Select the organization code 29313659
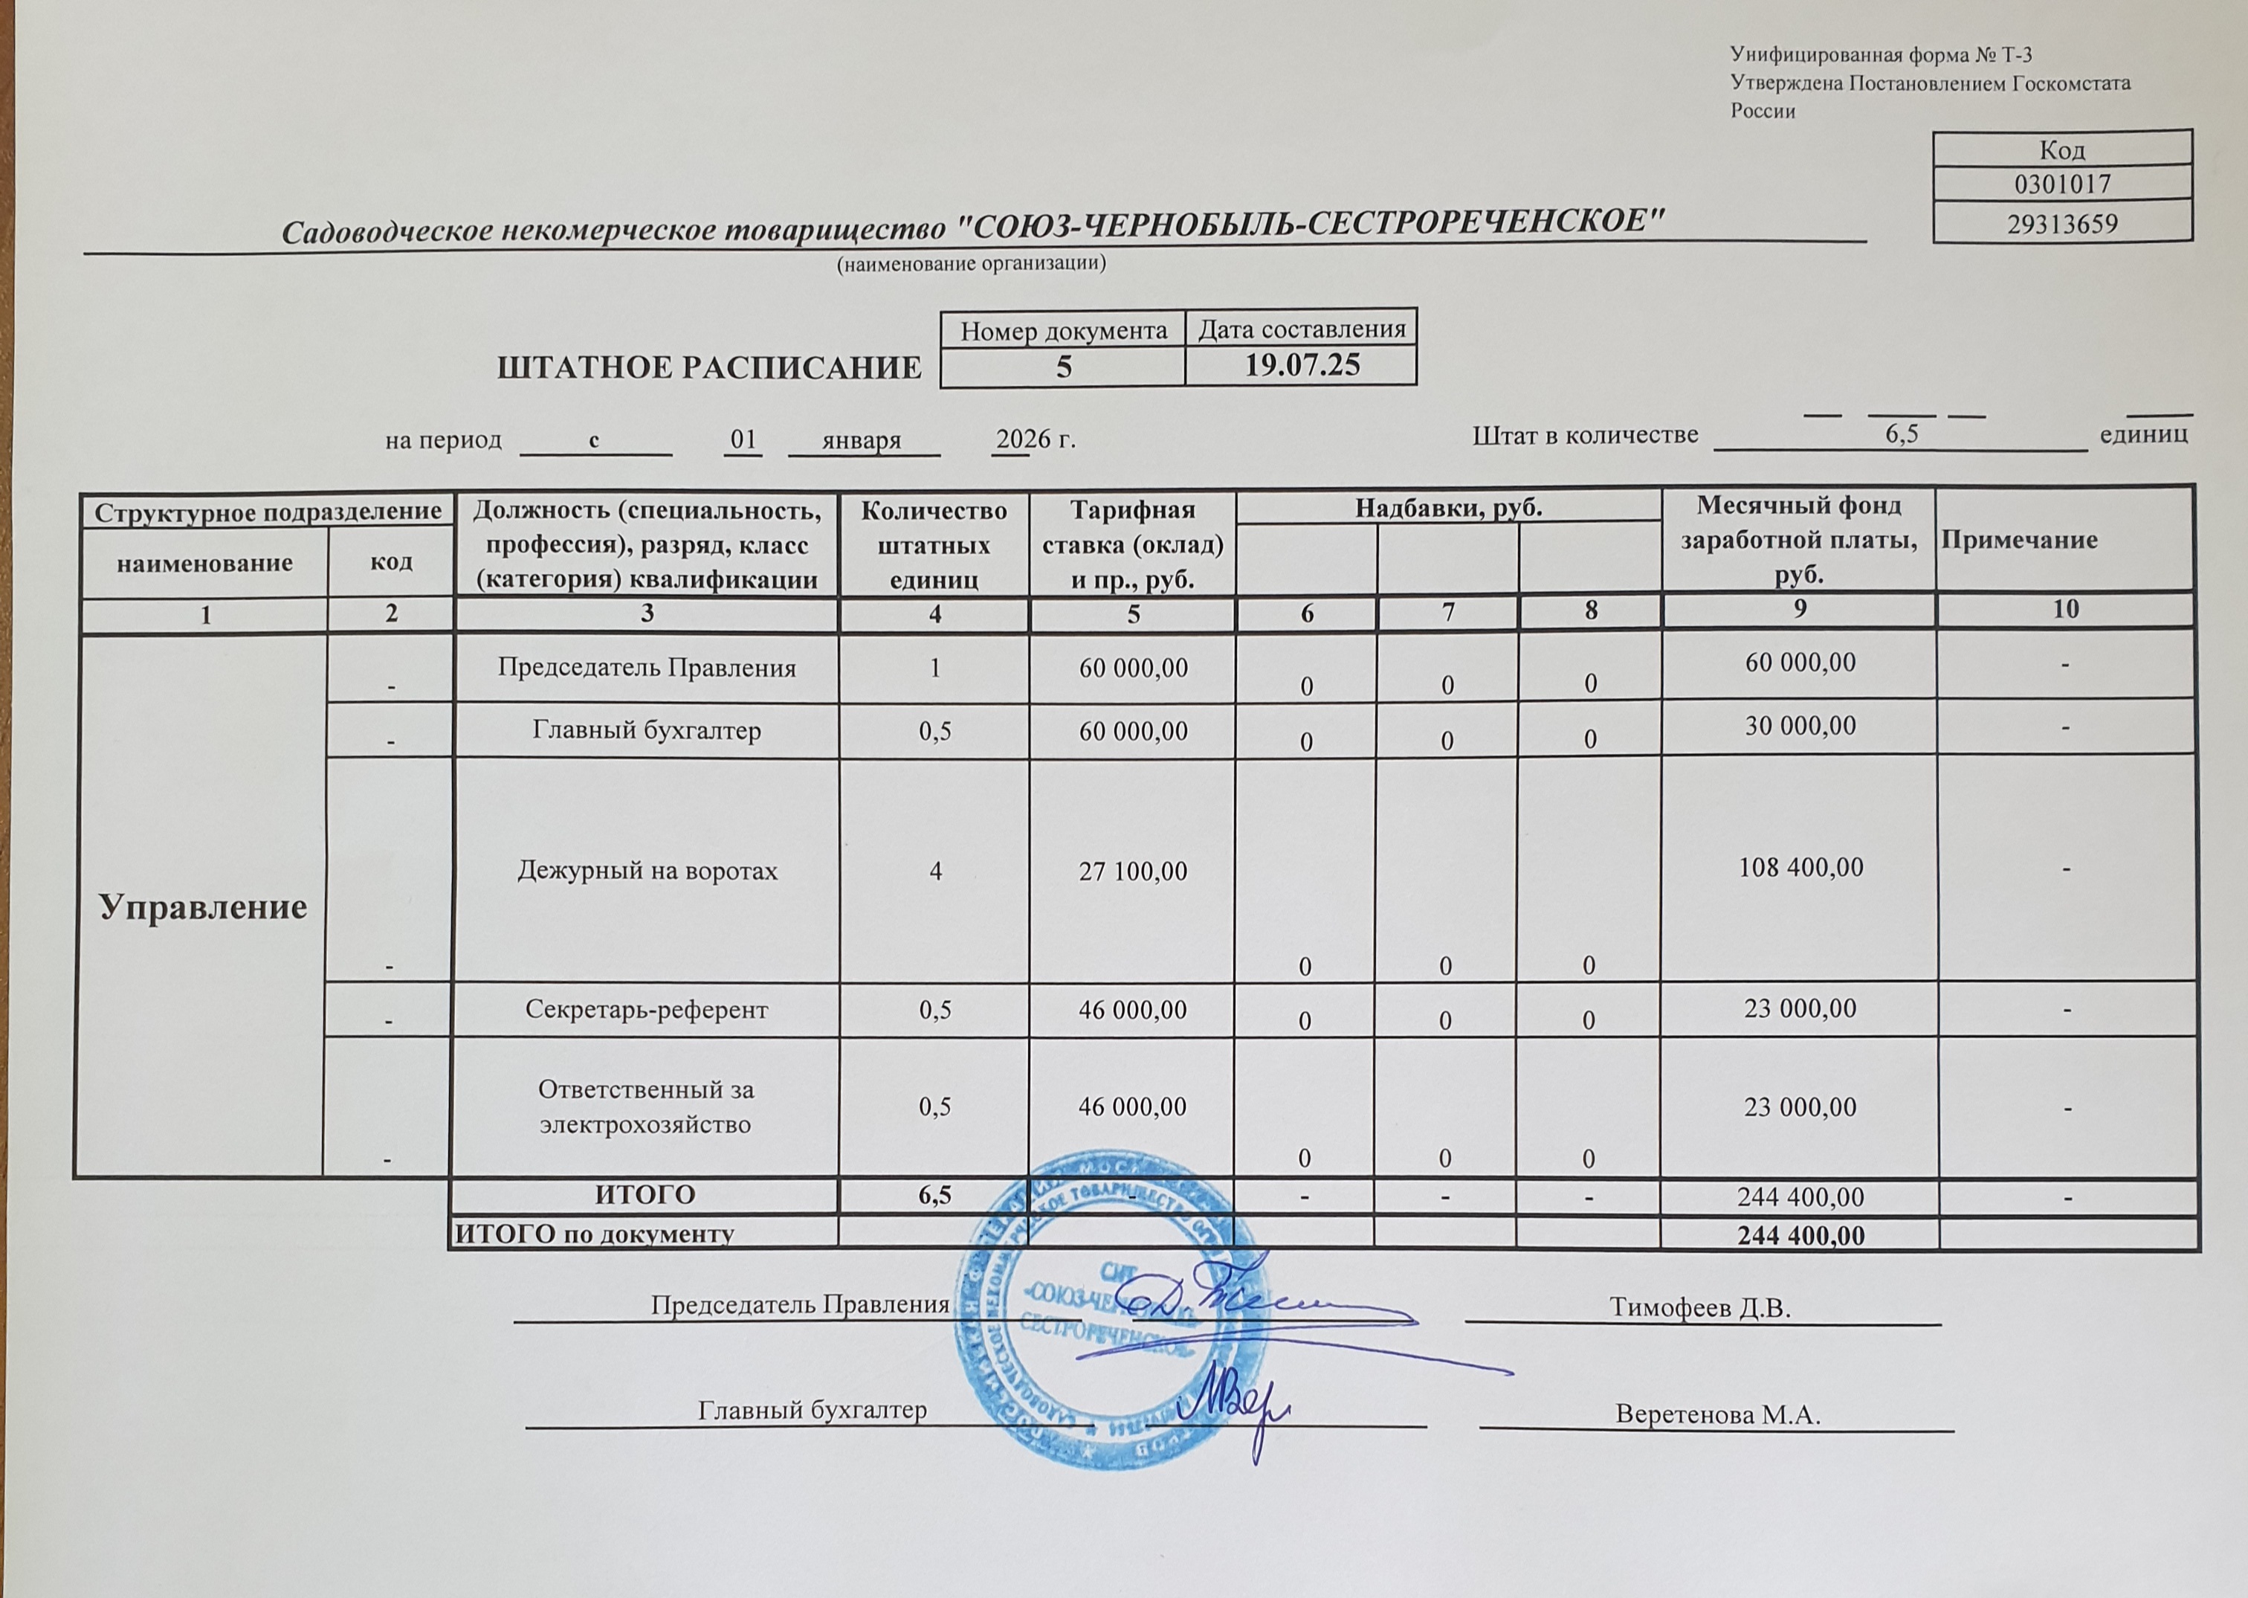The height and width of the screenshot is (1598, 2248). (2062, 225)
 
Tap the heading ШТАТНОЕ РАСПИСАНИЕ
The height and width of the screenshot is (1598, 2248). (709, 368)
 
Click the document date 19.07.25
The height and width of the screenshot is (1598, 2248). (1302, 366)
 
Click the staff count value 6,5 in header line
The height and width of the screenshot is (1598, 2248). (1901, 434)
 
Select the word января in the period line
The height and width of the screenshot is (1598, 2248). (862, 440)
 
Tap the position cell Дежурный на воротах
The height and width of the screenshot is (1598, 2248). (647, 871)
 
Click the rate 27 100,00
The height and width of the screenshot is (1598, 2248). (1132, 871)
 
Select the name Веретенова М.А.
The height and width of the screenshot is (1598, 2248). (1718, 1415)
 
